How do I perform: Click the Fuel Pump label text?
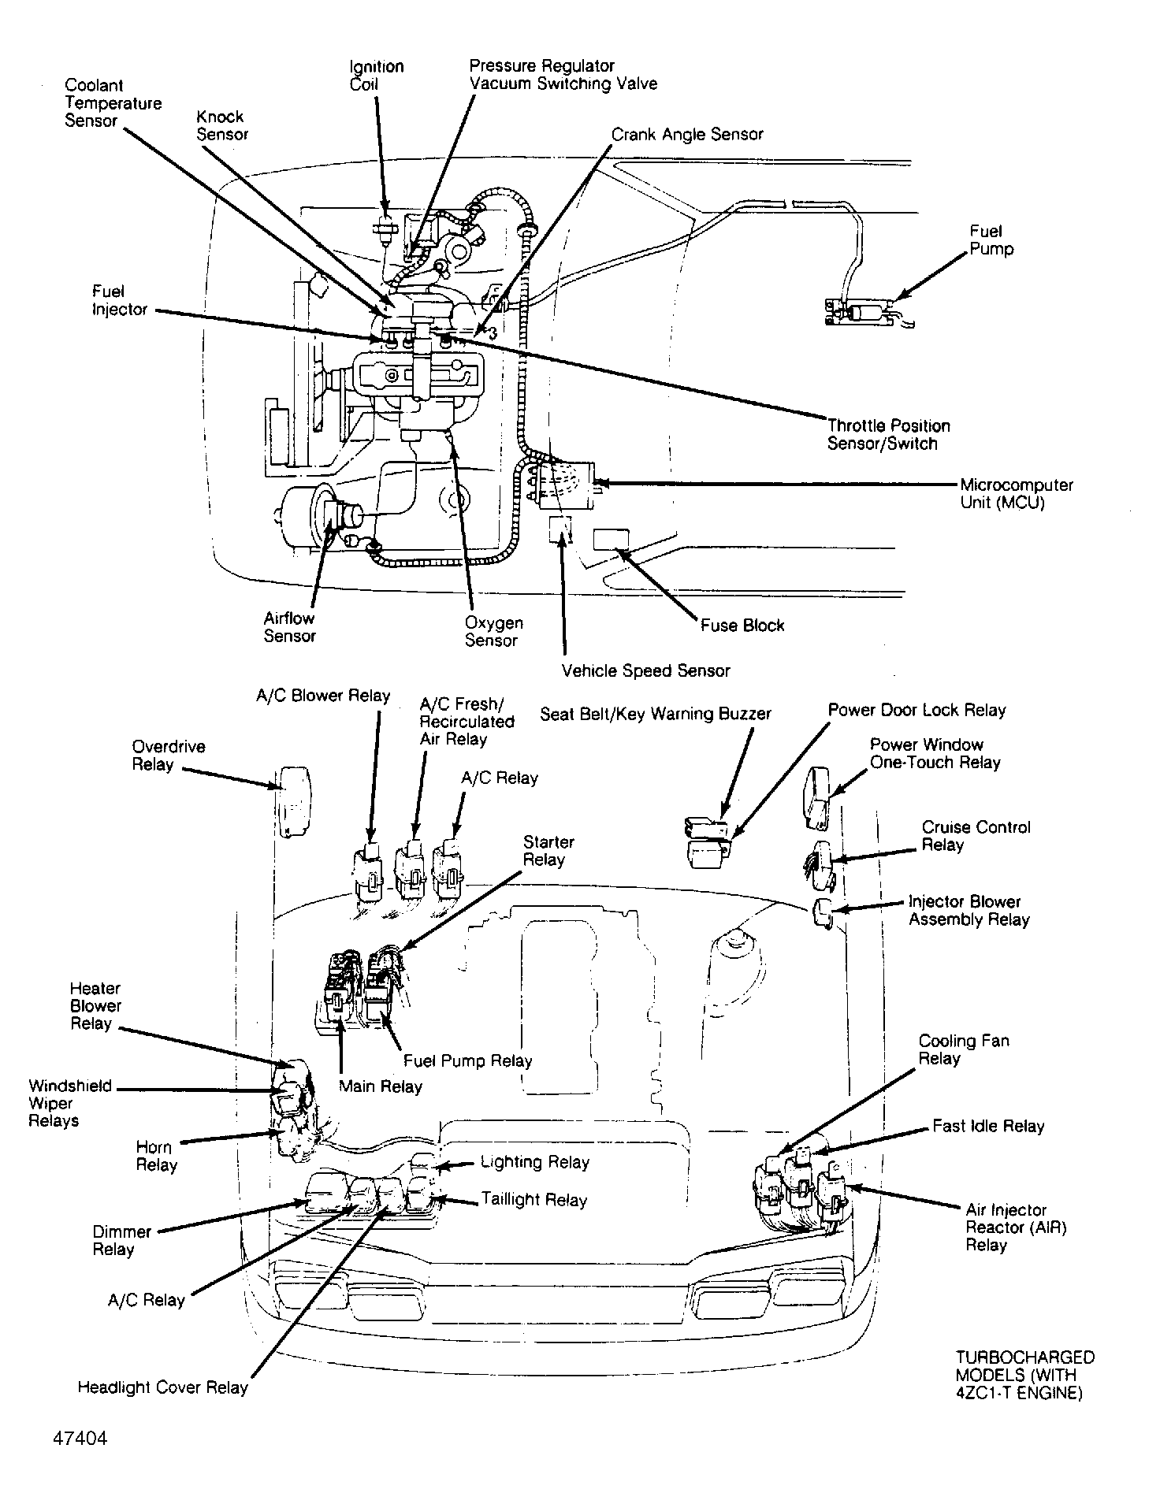(x=991, y=240)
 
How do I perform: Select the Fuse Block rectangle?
(x=611, y=539)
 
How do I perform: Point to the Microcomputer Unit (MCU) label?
(x=1016, y=493)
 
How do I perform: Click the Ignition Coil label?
(x=376, y=76)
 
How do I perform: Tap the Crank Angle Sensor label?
(x=687, y=134)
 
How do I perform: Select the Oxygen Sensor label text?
(x=493, y=631)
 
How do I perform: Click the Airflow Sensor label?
(x=289, y=627)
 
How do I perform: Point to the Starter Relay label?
(x=548, y=851)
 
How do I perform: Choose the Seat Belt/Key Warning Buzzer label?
(x=655, y=714)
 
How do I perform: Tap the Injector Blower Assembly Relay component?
(x=822, y=913)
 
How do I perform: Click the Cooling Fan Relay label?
(x=963, y=1049)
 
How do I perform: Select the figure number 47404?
(x=80, y=1438)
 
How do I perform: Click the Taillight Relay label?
(x=534, y=1200)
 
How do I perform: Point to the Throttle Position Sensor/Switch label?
(x=888, y=434)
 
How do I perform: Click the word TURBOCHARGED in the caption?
(x=1024, y=1357)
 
